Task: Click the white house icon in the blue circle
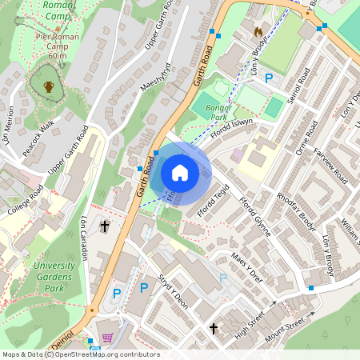coord(180,173)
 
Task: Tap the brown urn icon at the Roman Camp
coord(48,86)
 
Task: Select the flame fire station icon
coord(258,32)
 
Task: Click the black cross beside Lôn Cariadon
coord(104,226)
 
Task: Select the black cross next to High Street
coord(214,328)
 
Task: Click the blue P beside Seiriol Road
coord(269,78)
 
